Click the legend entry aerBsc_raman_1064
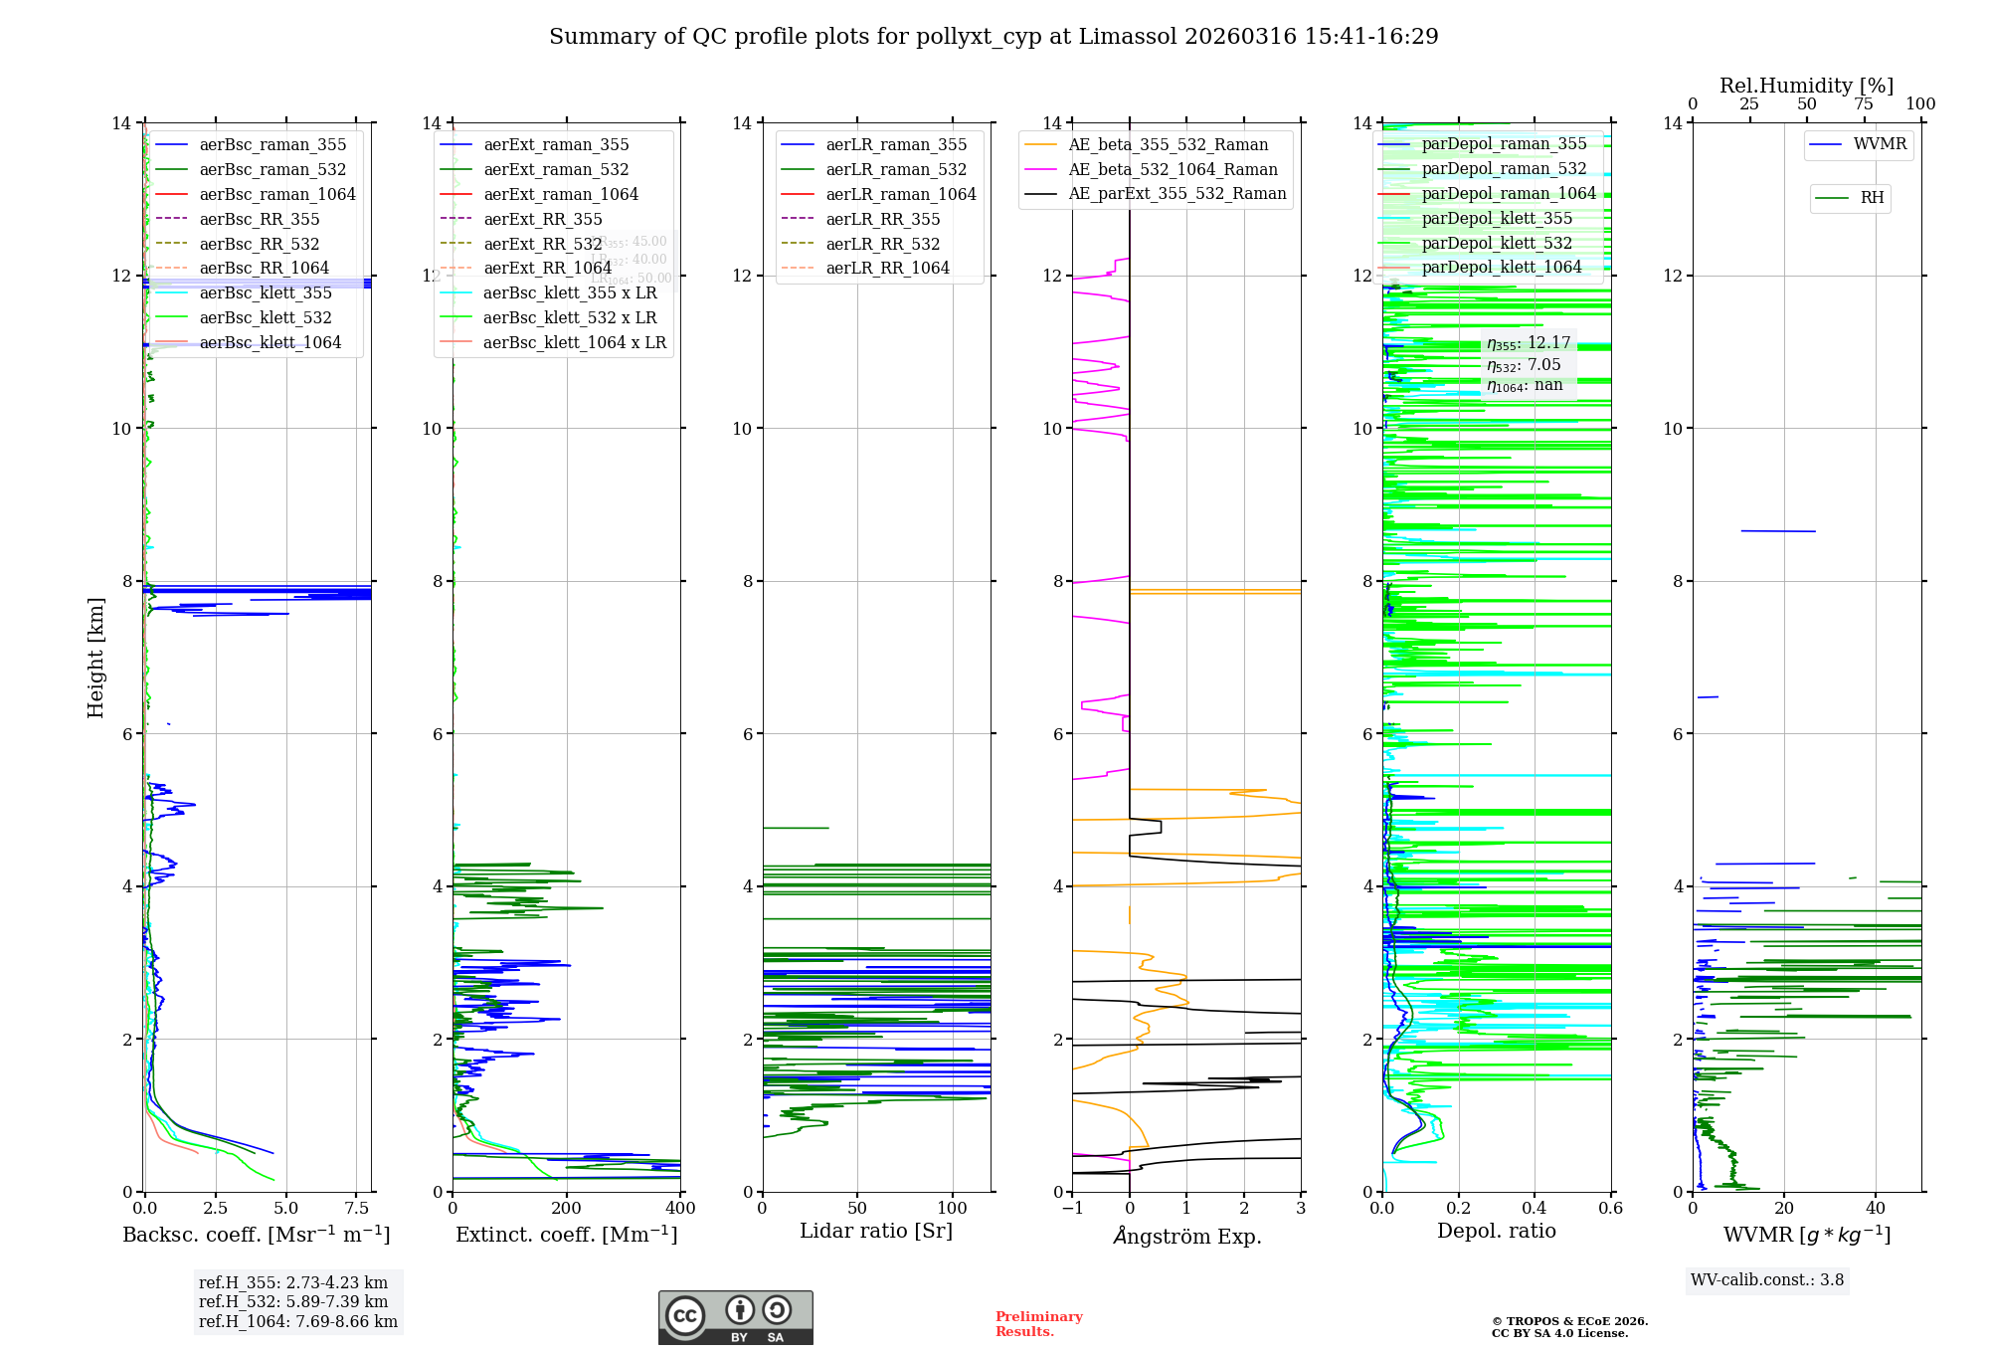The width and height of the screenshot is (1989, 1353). [x=276, y=194]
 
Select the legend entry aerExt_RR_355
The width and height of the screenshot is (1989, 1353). [x=542, y=219]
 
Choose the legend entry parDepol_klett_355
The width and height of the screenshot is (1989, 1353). [x=1497, y=218]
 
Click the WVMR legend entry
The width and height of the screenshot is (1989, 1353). [x=1880, y=144]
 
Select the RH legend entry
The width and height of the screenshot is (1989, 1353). [x=1872, y=198]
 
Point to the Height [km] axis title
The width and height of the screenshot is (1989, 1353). [x=95, y=657]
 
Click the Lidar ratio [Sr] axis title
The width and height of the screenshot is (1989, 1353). [x=876, y=1231]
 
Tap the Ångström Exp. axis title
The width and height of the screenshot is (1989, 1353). [x=1187, y=1236]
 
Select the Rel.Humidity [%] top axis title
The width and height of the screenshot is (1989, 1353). [x=1806, y=86]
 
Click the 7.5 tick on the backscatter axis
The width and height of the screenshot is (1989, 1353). [x=357, y=1208]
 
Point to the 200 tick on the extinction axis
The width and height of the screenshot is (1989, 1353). [x=567, y=1208]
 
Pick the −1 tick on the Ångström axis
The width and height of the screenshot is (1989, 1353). [x=1072, y=1208]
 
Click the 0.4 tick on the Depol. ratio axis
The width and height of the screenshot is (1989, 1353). [x=1535, y=1208]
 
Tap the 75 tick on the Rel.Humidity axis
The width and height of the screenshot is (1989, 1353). [x=1864, y=104]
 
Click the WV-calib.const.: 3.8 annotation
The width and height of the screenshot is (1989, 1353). [x=1767, y=1279]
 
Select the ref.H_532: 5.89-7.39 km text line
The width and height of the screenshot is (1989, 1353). [x=292, y=1301]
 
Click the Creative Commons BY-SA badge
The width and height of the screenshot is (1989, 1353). [x=736, y=1317]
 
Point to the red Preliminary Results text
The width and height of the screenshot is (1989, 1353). [x=1038, y=1323]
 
